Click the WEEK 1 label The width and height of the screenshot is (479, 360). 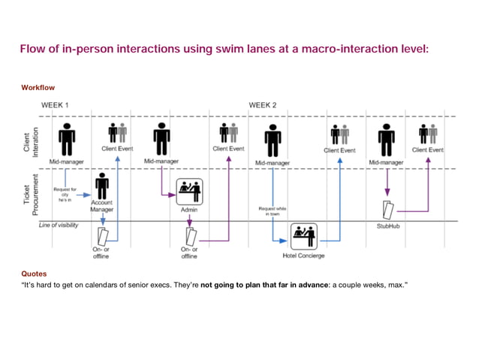pyautogui.click(x=55, y=105)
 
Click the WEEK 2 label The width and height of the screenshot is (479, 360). pyautogui.click(x=263, y=105)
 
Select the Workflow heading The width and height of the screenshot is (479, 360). pyautogui.click(x=38, y=88)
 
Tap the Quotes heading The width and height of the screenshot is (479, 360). pyautogui.click(x=34, y=274)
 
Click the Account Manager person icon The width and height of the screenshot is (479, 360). pyautogui.click(x=101, y=185)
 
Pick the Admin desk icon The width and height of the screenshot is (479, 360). pyautogui.click(x=190, y=192)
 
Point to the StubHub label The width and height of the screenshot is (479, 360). pyautogui.click(x=387, y=225)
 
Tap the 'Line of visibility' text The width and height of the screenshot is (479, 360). pyautogui.click(x=59, y=225)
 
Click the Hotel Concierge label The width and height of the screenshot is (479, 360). pyautogui.click(x=303, y=256)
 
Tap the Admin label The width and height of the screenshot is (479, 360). pyautogui.click(x=190, y=210)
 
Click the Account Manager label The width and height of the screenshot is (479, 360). pyautogui.click(x=101, y=206)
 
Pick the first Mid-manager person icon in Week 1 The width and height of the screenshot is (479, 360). pyautogui.click(x=67, y=140)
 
